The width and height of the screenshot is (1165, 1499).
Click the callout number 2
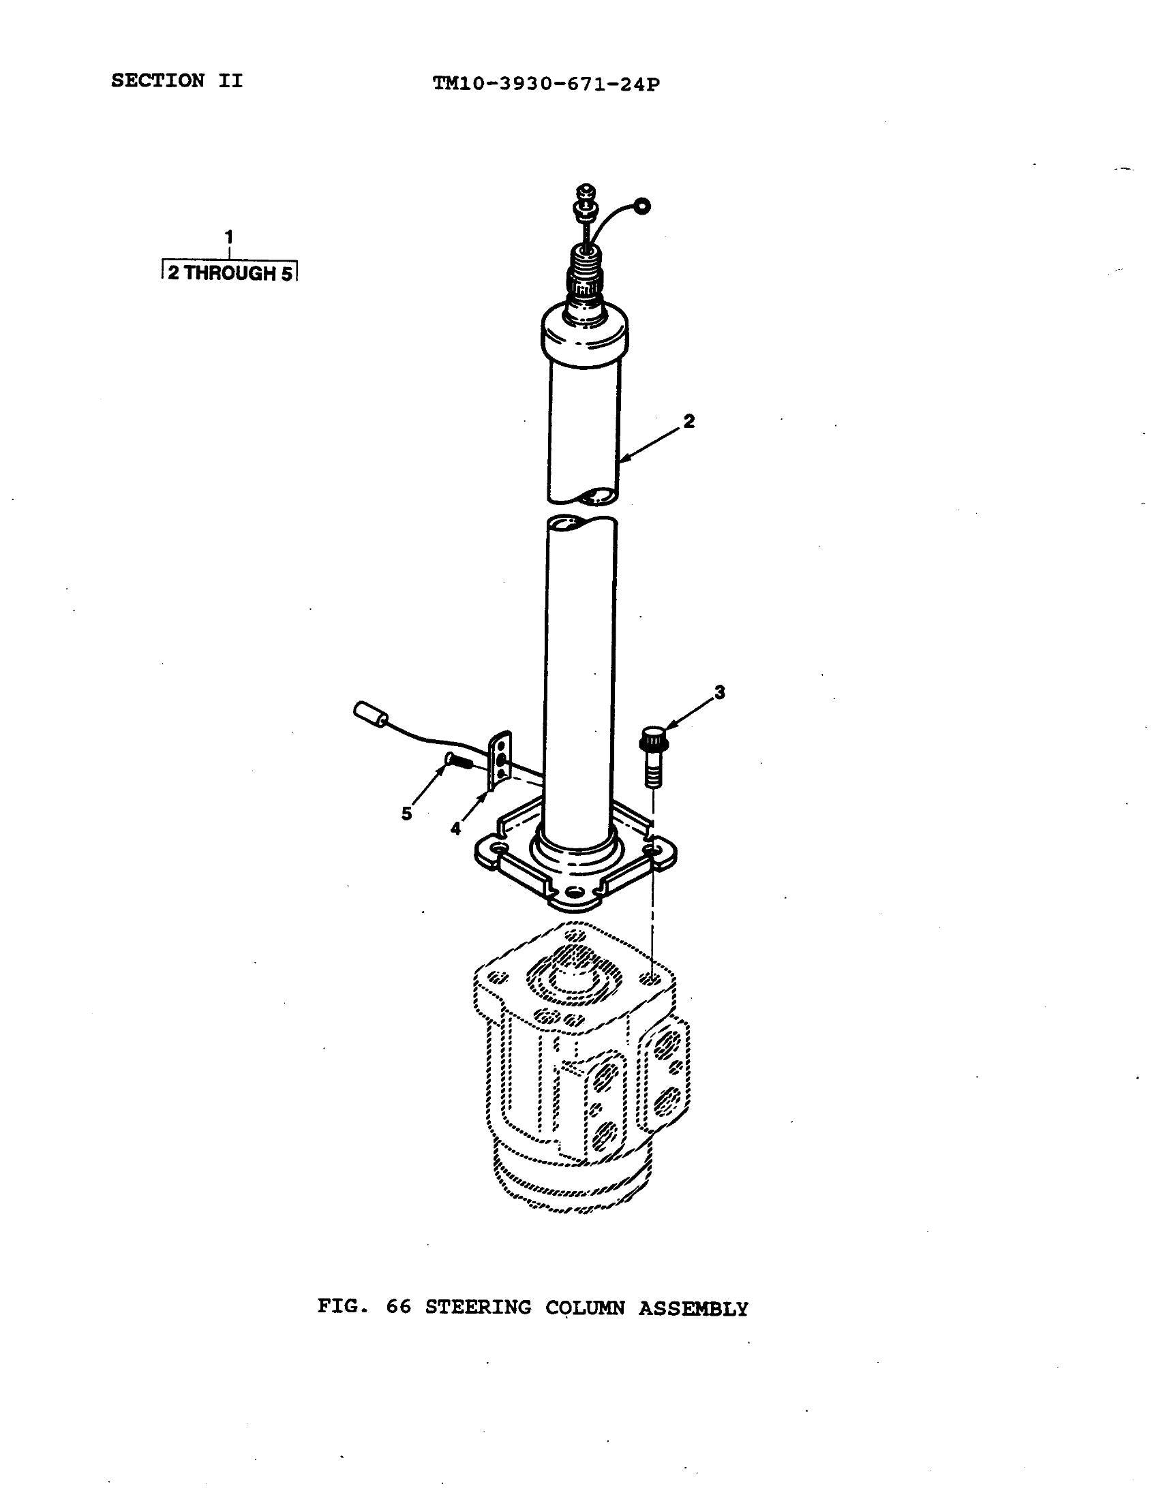[x=689, y=420]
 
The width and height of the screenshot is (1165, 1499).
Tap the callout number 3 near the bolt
[x=719, y=692]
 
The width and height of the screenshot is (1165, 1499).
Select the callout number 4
[x=456, y=829]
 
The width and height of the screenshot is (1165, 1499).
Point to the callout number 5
[x=407, y=814]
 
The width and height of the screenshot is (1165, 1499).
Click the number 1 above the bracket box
[x=229, y=237]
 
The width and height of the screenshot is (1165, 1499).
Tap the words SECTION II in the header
[x=177, y=81]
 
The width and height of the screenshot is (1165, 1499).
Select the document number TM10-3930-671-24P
[x=547, y=84]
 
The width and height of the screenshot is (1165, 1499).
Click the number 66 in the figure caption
[x=398, y=1307]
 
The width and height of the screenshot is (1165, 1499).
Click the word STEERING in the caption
[x=478, y=1307]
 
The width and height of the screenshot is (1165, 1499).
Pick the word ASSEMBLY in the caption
[x=693, y=1308]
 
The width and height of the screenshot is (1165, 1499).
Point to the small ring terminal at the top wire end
[x=641, y=205]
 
